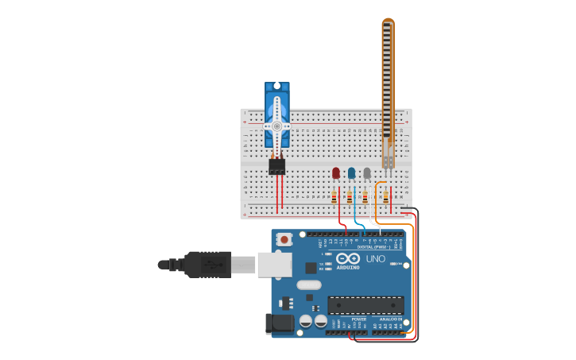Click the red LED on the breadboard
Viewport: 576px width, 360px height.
coord(336,172)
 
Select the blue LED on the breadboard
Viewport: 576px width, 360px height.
coord(351,172)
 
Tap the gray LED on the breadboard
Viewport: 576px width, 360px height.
coord(367,172)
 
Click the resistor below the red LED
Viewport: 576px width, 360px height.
coord(334,196)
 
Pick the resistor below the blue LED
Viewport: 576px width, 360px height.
coord(350,196)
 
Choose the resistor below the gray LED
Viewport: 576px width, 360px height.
coord(365,196)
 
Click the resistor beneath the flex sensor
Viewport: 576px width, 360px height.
coord(385,196)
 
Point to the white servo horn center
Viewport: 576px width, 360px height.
coord(277,126)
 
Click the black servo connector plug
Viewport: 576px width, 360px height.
coord(276,166)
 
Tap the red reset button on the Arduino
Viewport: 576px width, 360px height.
coord(284,238)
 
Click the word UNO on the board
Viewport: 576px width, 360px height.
coord(376,258)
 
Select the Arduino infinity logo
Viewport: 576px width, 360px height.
coord(348,258)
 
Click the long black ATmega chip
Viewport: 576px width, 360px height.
coord(365,305)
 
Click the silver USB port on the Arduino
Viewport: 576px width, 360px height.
coord(274,264)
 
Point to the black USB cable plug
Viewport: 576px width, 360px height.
coord(209,264)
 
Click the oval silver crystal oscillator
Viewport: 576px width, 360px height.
coord(308,285)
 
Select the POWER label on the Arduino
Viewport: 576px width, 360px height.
coord(358,319)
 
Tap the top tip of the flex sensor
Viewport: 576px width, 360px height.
coord(388,21)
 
